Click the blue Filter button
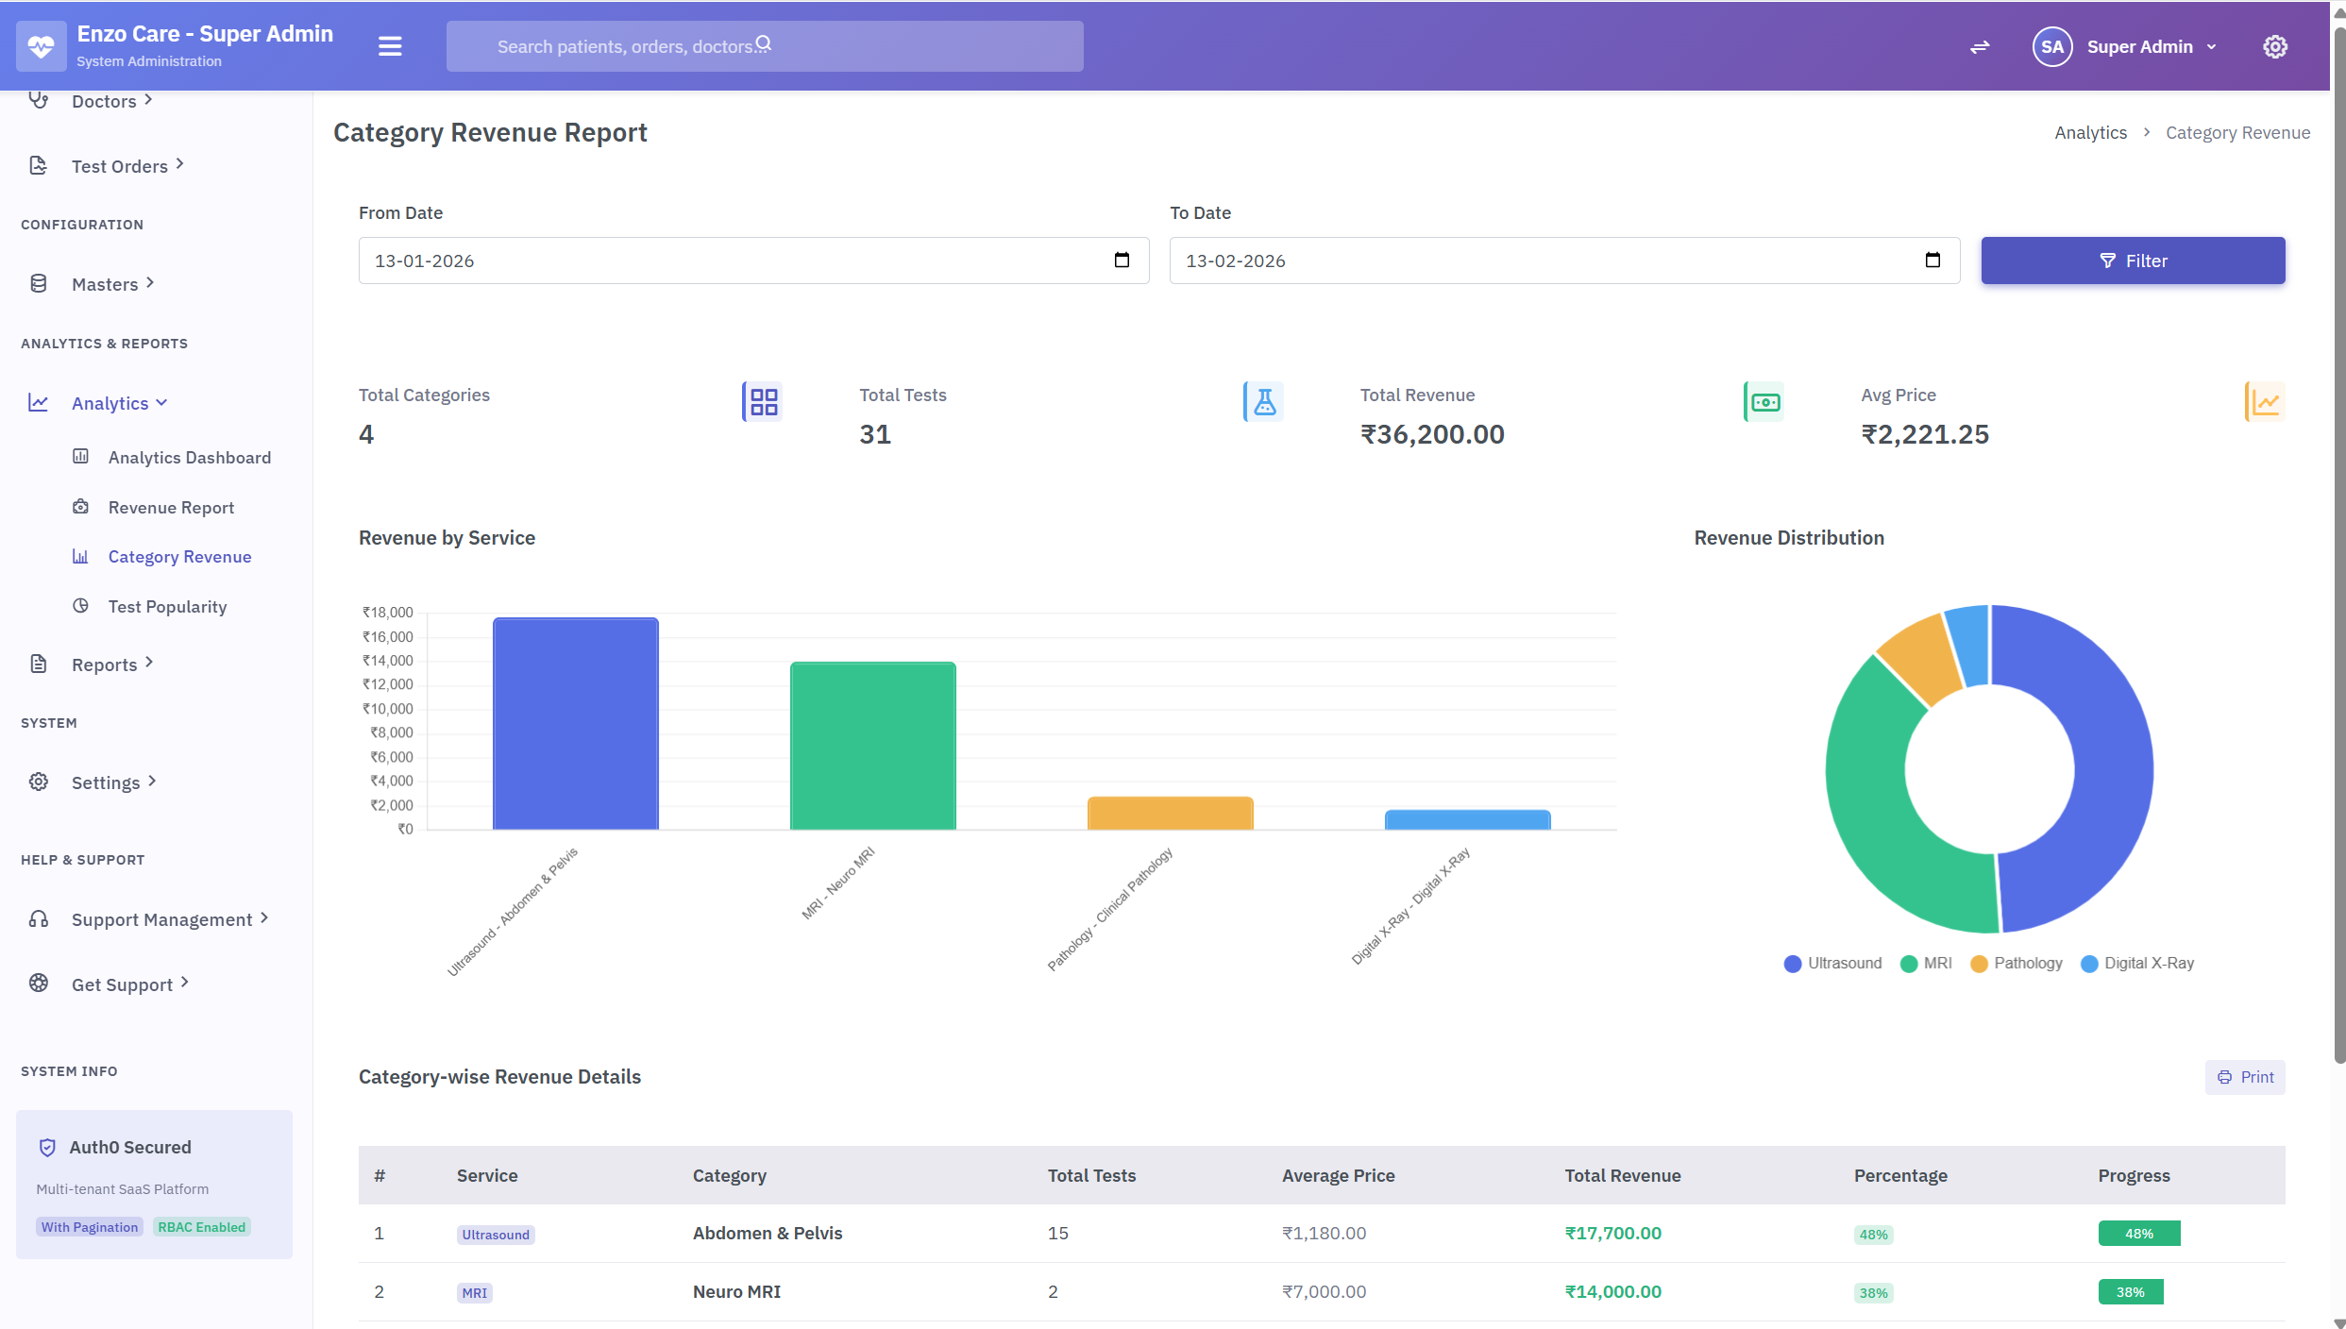(2132, 261)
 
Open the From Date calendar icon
(1122, 261)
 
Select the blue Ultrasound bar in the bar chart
(575, 724)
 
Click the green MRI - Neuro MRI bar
(872, 746)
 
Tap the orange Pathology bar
(1170, 813)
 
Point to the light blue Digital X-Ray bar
(1467, 819)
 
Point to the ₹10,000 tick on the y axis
(388, 709)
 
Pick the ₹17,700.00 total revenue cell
(1612, 1233)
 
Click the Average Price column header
(1338, 1175)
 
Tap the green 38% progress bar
(2130, 1291)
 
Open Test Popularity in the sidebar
(167, 607)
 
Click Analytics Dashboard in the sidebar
(189, 458)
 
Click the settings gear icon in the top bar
(2274, 46)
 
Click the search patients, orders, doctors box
(764, 46)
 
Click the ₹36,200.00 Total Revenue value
(1431, 434)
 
